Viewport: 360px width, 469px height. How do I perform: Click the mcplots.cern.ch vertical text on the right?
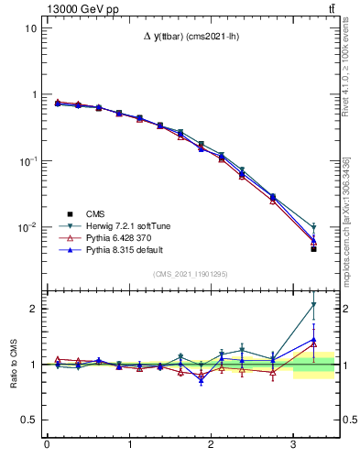pyautogui.click(x=349, y=220)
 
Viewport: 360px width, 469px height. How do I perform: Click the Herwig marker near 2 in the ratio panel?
pyautogui.click(x=313, y=305)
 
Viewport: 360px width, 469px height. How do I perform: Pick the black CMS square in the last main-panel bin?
pyautogui.click(x=313, y=249)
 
